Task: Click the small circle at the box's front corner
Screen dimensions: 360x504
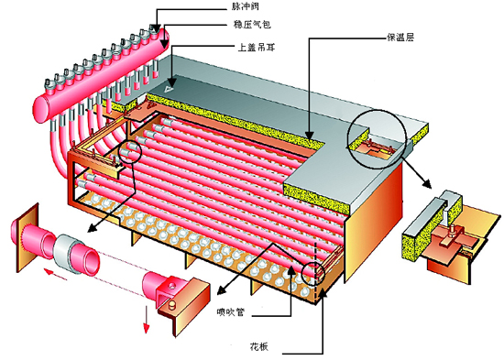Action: click(x=311, y=271)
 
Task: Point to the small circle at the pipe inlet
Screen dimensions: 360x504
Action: click(x=129, y=152)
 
